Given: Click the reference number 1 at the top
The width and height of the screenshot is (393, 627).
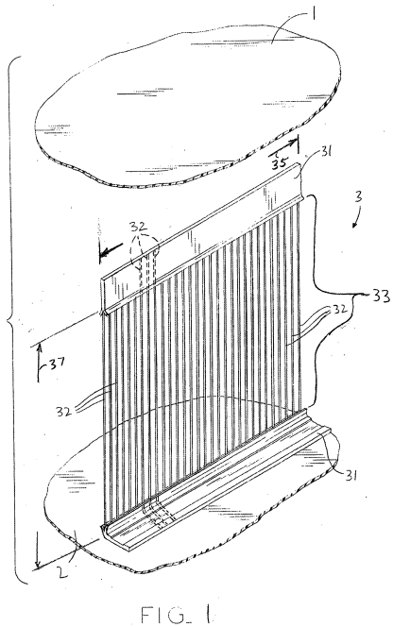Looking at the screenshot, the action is pos(315,15).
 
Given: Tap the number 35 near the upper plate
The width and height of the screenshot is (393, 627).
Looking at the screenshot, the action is pos(281,162).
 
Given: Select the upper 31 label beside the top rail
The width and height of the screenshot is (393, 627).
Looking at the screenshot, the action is pos(326,152).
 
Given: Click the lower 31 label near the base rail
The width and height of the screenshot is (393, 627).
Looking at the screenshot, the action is pos(350,475).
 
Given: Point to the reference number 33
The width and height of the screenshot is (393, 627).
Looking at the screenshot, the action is pos(381,297).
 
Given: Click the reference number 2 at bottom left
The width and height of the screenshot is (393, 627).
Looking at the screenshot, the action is pos(62,572).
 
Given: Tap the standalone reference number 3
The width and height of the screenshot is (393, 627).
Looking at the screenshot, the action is pos(358,196).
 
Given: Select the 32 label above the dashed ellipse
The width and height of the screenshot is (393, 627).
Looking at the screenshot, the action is pos(138,228).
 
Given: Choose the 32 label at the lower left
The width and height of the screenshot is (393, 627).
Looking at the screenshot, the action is pos(64,412).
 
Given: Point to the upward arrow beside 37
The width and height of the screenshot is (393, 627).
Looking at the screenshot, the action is pos(40,362).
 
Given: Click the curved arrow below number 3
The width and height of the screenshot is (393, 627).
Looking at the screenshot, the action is pos(357,217).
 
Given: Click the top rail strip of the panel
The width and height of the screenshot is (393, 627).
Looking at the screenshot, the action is pos(199,236).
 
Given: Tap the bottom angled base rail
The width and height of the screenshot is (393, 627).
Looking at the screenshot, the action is pos(217,484).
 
